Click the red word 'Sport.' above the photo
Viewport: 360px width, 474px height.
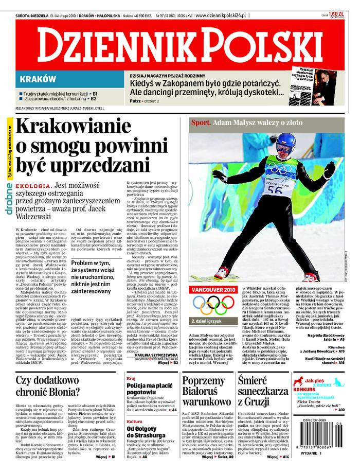point(201,122)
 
